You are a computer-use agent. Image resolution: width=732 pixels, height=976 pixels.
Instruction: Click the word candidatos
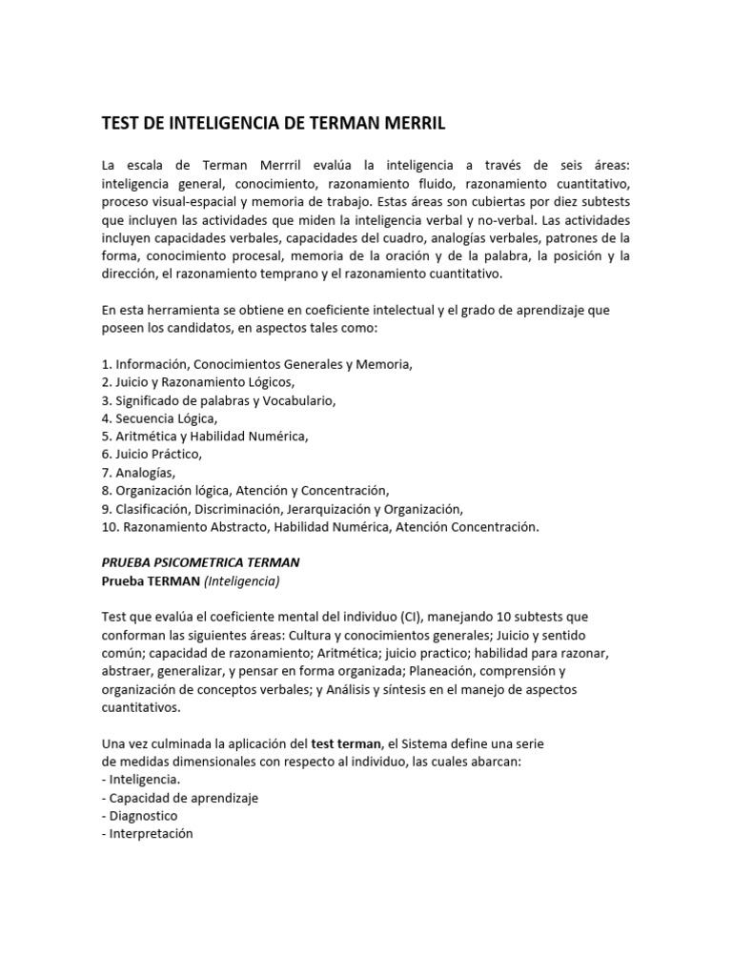point(189,327)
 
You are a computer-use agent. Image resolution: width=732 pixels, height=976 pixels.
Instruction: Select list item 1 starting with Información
point(257,363)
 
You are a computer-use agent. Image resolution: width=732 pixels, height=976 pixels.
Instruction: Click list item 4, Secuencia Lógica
point(159,417)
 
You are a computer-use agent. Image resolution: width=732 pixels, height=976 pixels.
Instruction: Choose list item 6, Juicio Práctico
point(152,454)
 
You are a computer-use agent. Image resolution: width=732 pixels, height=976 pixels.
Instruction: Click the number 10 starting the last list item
point(107,526)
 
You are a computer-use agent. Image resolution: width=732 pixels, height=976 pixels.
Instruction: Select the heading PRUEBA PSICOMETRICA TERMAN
point(201,562)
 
